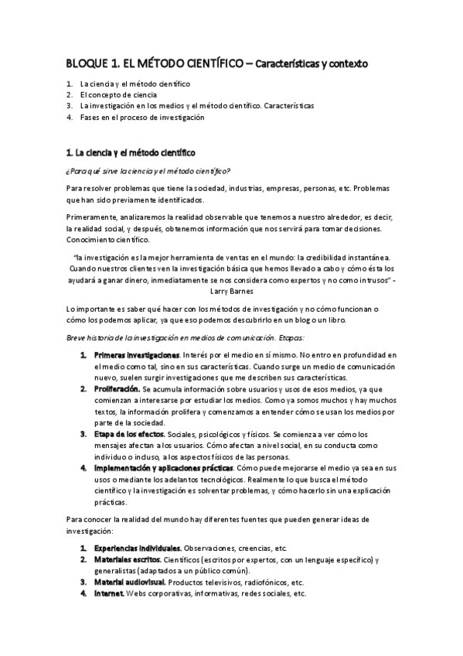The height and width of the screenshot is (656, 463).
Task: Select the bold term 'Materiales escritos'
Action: click(125, 559)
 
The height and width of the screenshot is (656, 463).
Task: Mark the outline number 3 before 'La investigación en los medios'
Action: click(69, 106)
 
